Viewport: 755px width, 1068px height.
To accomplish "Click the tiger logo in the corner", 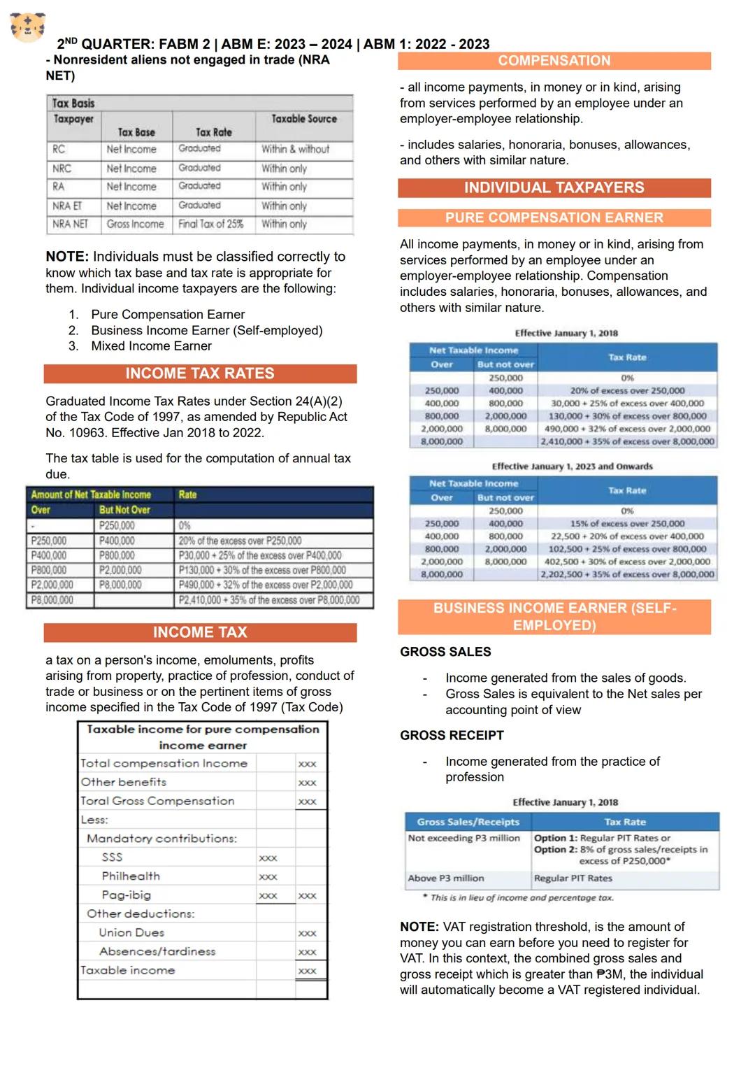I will tap(28, 27).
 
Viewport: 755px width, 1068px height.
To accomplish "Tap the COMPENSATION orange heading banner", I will tap(554, 61).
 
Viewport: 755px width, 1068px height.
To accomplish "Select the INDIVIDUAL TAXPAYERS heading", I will tap(554, 187).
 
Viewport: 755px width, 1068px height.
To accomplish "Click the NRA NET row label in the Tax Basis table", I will tap(70, 225).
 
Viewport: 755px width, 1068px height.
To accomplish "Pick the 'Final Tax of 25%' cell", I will tap(210, 225).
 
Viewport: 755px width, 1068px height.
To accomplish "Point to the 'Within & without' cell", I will tap(295, 149).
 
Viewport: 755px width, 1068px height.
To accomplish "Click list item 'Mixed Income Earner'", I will tap(151, 346).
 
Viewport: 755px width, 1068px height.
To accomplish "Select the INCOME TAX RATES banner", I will tap(200, 373).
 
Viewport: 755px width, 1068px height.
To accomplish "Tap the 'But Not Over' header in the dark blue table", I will tap(124, 510).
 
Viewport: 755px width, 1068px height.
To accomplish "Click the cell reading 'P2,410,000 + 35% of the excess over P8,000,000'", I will tap(269, 600).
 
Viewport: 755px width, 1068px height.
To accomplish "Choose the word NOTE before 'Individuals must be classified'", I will tap(66, 257).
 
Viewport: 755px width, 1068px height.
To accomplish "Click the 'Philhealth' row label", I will tap(131, 876).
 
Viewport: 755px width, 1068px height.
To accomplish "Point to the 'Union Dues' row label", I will tap(131, 933).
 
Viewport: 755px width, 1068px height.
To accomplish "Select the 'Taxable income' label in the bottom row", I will tap(127, 971).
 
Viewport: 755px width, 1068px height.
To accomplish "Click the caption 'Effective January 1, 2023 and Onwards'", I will tap(572, 467).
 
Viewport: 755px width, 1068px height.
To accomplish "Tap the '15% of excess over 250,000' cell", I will tap(627, 524).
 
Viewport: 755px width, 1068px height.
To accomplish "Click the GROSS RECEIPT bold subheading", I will tap(452, 736).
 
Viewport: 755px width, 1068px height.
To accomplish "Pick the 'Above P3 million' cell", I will tap(446, 878).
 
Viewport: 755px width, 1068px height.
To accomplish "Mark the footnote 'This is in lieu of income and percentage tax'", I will tap(522, 897).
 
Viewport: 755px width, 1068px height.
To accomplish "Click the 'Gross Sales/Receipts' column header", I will tap(468, 822).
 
